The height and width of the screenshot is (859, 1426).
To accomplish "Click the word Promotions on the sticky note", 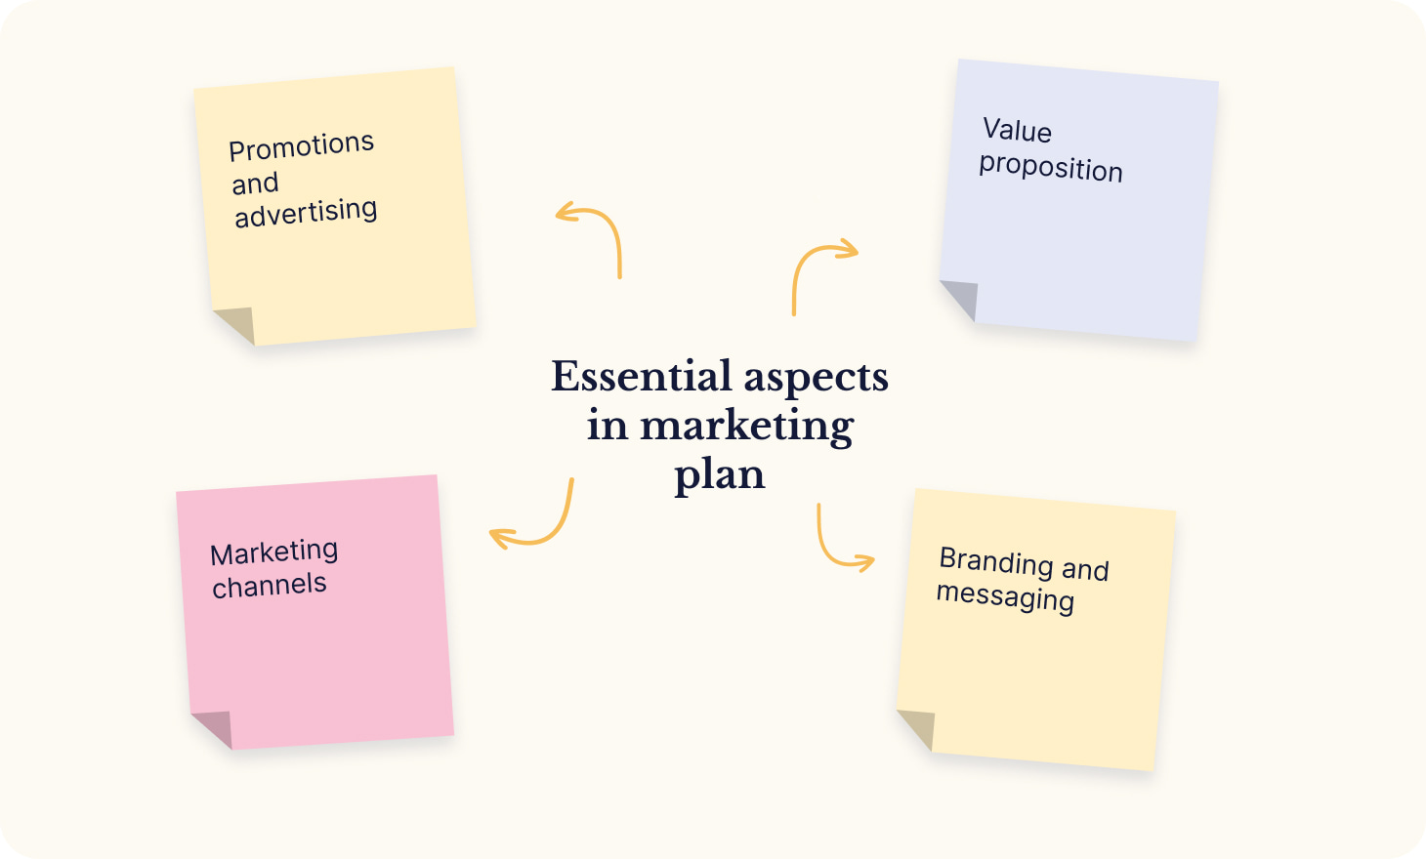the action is pos(301,146).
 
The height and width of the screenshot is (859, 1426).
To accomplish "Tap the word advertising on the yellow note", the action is pos(306,212).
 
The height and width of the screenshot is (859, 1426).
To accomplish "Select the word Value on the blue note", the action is pos(1017,130).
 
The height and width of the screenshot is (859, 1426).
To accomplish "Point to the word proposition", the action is pos(1050,167).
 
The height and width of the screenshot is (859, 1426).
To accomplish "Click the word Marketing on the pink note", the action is pos(273,552).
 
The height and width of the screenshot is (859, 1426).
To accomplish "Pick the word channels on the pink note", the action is pos(270,586).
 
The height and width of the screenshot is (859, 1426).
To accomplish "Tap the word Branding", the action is pos(997,561).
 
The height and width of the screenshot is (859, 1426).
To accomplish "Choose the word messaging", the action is pos(1005,597).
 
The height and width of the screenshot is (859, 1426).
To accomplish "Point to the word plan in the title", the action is pos(720,476).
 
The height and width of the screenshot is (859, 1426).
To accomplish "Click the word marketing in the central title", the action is pos(747,427).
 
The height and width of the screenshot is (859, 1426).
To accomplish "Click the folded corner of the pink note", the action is pos(217,725).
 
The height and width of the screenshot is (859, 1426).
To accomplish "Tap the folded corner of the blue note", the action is pos(964,296).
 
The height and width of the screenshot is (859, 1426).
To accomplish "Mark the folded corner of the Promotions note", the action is pos(239,322).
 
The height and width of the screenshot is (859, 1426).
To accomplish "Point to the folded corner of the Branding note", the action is pos(920,726).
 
